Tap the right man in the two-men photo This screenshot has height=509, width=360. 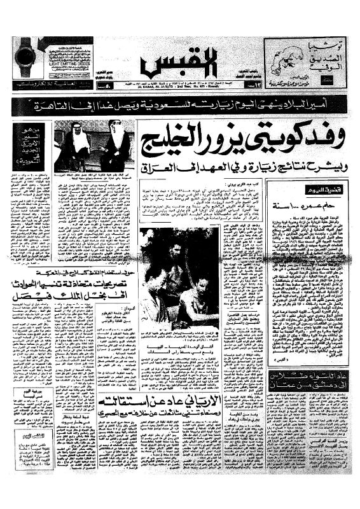pos(114,146)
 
